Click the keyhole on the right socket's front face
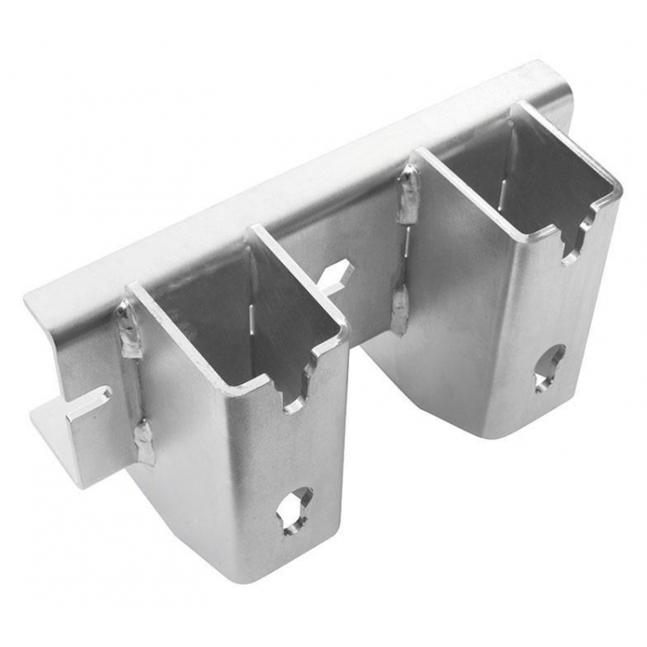549,368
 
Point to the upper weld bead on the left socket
129,330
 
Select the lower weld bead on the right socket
400,308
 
